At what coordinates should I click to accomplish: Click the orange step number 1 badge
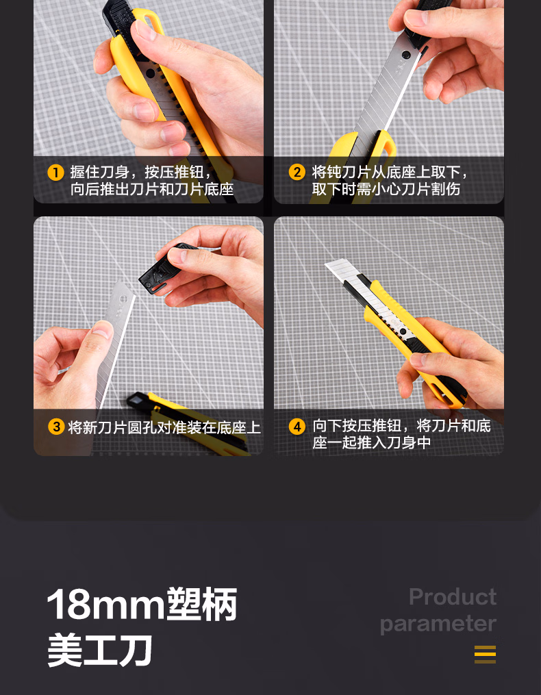pos(55,173)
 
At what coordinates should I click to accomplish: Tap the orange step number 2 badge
pos(296,173)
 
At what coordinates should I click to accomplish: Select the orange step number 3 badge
pos(56,427)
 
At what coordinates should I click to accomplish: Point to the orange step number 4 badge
pos(297,427)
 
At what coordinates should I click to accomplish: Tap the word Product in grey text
pos(452,596)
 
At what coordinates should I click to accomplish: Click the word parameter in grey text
pos(438,624)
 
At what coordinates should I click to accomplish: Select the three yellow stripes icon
pos(485,655)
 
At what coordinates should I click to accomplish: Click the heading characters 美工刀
pos(100,650)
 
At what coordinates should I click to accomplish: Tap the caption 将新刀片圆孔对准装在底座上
pos(164,428)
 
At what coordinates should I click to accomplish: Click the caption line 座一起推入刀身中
pos(372,443)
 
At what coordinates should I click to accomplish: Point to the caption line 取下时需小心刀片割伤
pos(386,190)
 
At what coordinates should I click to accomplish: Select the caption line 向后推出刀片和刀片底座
pos(152,190)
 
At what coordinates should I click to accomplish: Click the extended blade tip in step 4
pos(340,270)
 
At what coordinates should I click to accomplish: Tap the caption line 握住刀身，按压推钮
pos(140,173)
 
